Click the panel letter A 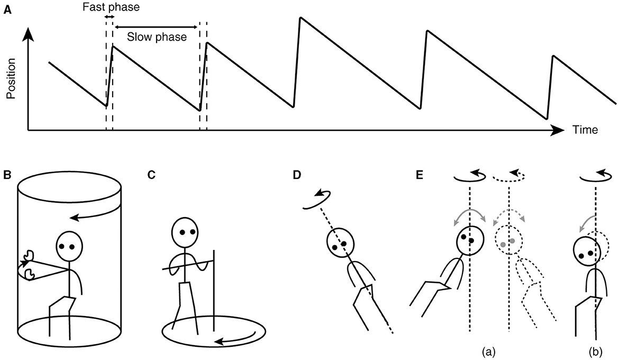tap(7, 8)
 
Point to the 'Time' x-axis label tap(585, 130)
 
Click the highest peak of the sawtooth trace tap(300, 19)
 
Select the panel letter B tap(7, 175)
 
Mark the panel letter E tap(419, 175)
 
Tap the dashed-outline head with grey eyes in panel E tap(508, 241)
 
